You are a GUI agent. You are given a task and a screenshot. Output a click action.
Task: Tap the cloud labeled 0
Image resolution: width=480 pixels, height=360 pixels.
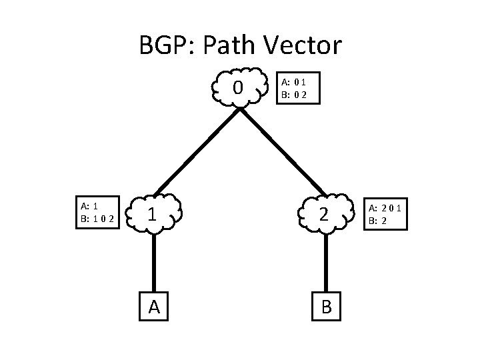[x=238, y=87]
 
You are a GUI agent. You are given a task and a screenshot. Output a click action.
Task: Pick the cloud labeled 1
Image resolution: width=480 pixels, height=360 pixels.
[x=154, y=214]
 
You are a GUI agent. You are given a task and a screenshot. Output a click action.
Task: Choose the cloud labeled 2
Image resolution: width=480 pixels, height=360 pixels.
[x=325, y=214]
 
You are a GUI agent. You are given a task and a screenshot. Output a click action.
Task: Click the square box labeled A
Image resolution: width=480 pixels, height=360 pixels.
[x=154, y=306]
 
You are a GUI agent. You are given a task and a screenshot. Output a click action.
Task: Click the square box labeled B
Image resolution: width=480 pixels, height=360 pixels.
[x=326, y=306]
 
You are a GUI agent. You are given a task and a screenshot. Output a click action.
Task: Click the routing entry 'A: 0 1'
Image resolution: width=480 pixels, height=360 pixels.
[x=294, y=82]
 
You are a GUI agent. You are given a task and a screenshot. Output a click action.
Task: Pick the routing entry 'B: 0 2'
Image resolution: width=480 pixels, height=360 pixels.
[x=294, y=94]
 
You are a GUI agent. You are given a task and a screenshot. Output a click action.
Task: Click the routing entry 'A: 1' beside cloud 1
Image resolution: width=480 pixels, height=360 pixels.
[x=89, y=207]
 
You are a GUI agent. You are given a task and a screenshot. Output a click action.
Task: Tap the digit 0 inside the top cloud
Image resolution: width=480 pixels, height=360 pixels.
[x=238, y=87]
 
